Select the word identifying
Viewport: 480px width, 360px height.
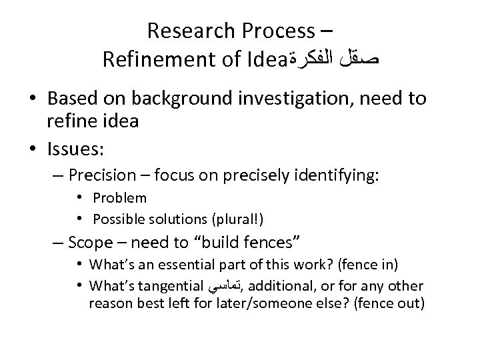point(342,175)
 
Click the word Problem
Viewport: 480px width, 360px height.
point(120,198)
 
